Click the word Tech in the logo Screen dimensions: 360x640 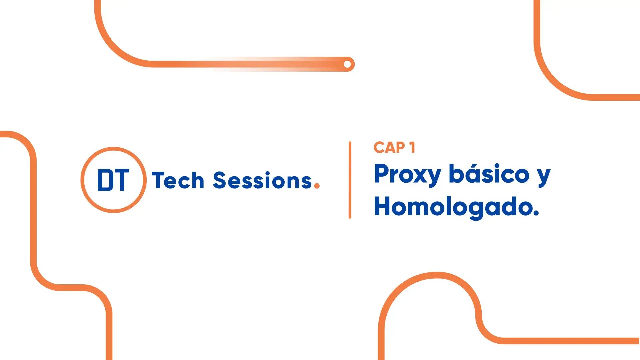pyautogui.click(x=178, y=180)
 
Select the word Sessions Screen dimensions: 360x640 pyautogui.click(x=262, y=180)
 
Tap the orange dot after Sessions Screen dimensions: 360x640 pyautogui.click(x=317, y=186)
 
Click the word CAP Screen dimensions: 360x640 pyautogui.click(x=389, y=148)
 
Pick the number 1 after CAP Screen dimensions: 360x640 pyautogui.click(x=412, y=148)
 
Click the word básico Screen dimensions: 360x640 pyautogui.click(x=489, y=174)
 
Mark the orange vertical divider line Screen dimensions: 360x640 pyautogui.click(x=350, y=180)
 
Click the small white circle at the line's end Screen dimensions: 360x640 pyautogui.click(x=347, y=64)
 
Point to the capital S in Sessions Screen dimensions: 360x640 pyautogui.click(x=219, y=180)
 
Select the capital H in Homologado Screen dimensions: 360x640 pyautogui.click(x=384, y=206)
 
